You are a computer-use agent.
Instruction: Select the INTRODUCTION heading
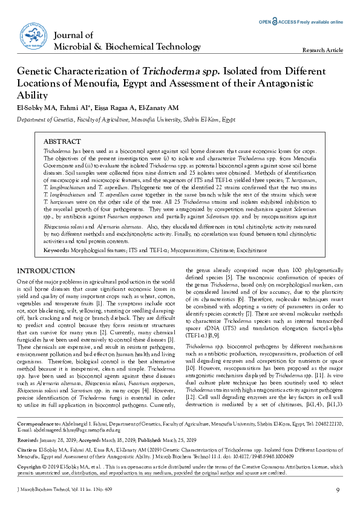pyautogui.click(x=43, y=271)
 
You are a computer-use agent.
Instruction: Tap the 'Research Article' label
pyautogui.click(x=322, y=50)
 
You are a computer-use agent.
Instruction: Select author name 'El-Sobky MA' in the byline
pyautogui.click(x=36, y=108)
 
